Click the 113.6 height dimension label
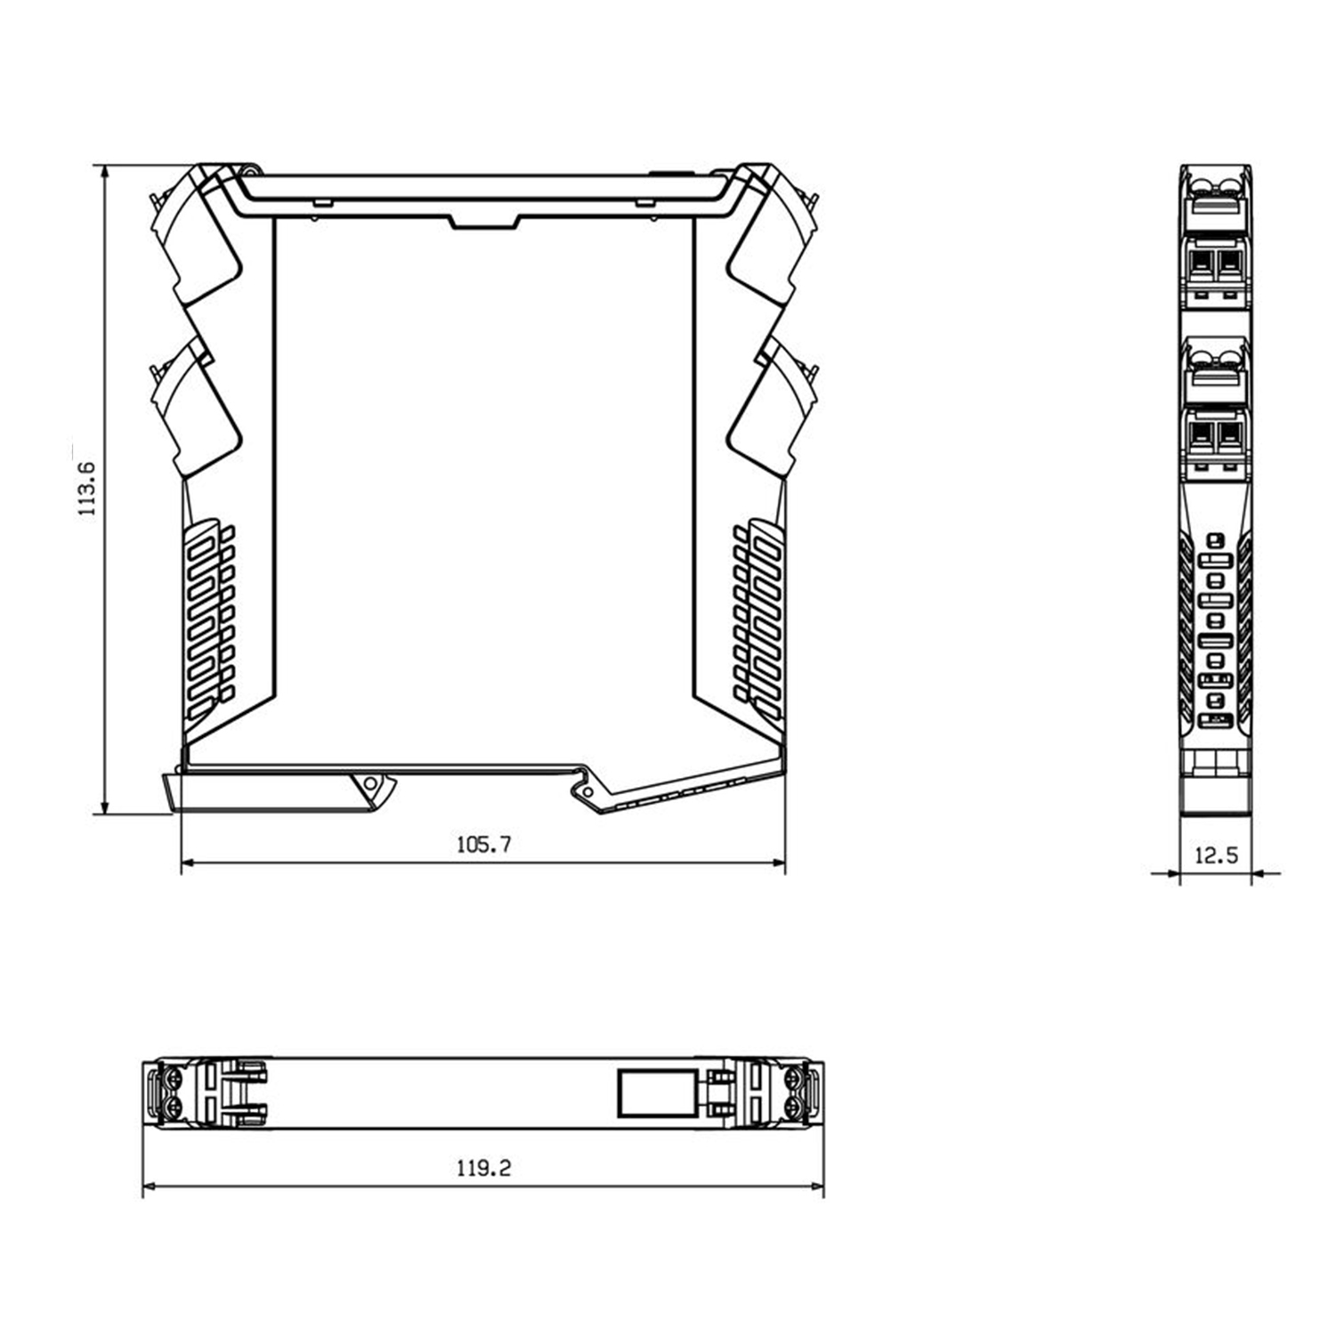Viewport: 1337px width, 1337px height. point(86,490)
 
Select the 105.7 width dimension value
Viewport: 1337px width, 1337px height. point(483,844)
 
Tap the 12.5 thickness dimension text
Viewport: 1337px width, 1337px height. point(1215,855)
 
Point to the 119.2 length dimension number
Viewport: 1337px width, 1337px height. point(484,1168)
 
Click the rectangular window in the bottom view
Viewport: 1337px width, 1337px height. point(657,1093)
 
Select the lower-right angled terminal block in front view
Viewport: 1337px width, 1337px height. point(773,405)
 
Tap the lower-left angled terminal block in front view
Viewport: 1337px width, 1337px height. point(196,405)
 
